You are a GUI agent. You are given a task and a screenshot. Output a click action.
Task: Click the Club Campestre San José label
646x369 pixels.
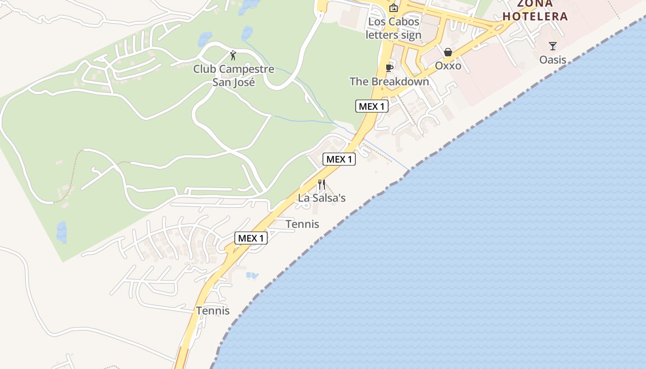[x=233, y=76]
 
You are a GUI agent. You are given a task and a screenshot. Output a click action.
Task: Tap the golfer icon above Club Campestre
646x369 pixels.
[x=233, y=56]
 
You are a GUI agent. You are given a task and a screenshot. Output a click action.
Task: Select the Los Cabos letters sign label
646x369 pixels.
[x=394, y=28]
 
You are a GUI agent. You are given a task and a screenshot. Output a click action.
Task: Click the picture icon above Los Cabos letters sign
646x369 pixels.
[x=394, y=7]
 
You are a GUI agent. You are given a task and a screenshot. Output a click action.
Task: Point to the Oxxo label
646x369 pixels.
[x=448, y=65]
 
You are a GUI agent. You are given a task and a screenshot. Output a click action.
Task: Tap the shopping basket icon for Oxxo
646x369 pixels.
[x=448, y=52]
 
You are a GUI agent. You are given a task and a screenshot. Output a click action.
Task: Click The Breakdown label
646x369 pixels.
[x=389, y=82]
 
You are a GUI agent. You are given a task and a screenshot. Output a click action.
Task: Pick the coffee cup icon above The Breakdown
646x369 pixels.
[x=389, y=68]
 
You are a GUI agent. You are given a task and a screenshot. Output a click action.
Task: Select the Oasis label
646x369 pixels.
[x=553, y=60]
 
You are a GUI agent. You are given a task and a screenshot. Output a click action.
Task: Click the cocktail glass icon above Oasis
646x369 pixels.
[x=553, y=46]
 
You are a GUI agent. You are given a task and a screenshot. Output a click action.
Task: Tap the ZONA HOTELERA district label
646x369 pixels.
[x=535, y=11]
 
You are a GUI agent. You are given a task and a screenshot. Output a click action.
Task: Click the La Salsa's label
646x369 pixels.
[x=322, y=198]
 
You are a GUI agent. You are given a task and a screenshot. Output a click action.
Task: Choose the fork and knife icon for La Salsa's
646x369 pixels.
[x=322, y=184]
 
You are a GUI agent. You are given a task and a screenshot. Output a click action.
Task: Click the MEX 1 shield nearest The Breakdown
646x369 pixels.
[x=371, y=106]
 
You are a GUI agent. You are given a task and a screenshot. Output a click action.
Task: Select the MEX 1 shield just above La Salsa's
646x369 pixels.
[x=339, y=159]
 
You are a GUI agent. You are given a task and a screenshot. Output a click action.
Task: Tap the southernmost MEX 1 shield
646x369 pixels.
[x=251, y=238]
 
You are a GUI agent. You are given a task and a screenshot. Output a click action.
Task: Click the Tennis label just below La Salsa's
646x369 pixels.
[x=302, y=224]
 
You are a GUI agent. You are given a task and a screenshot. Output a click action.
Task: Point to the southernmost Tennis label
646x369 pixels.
[x=213, y=310]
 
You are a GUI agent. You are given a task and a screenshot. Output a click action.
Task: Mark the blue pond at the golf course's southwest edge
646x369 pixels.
[x=61, y=232]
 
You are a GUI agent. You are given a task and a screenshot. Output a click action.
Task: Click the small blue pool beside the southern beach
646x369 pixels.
[x=252, y=275]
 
